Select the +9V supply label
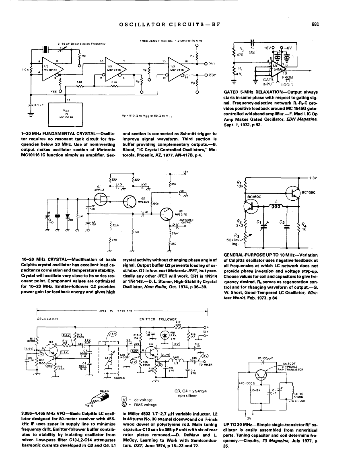(185, 172)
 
